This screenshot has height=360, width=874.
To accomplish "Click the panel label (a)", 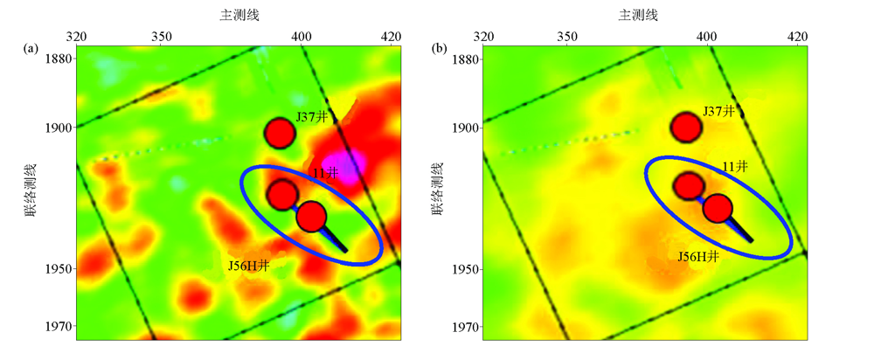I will pos(30,50).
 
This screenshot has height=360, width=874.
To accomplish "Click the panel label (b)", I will pos(439,50).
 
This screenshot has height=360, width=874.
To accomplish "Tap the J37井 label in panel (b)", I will pos(718,112).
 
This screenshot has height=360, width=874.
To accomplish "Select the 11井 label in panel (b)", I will pos(734,166).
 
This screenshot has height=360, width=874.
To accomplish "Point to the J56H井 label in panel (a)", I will pos(249,267).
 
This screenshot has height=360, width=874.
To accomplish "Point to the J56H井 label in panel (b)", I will pos(699,256).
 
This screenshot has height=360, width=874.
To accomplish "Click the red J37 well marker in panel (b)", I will pos(686,128).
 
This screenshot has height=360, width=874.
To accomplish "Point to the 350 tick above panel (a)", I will pos(161,36).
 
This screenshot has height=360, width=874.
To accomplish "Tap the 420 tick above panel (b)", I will pos(796,36).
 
